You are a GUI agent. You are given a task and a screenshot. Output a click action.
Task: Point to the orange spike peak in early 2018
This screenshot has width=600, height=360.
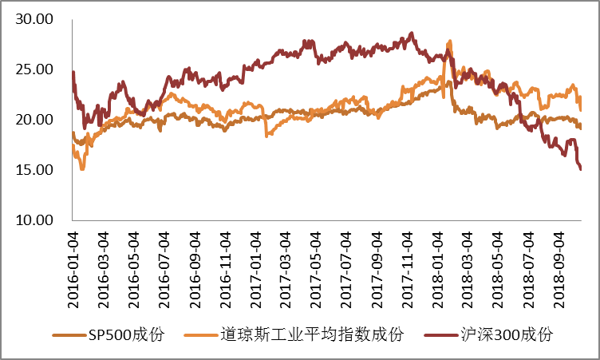(451, 41)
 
